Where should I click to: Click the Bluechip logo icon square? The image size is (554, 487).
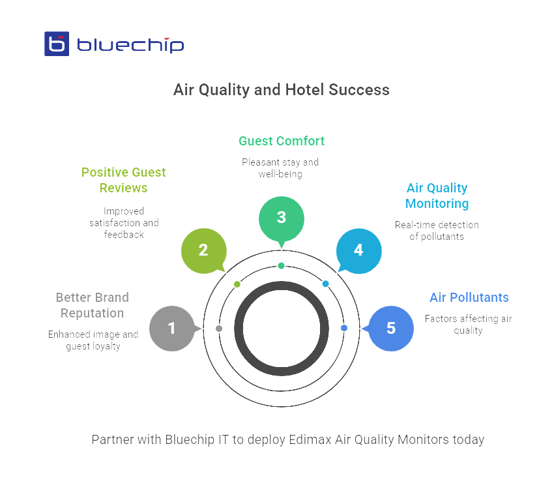[x=57, y=44]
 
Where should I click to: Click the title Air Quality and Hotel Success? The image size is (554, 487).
[x=281, y=90]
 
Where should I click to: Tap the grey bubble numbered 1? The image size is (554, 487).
[x=171, y=328]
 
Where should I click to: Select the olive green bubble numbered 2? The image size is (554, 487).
[x=203, y=250]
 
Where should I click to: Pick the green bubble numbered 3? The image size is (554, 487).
[x=281, y=218]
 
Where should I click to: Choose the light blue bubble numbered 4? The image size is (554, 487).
[x=358, y=250]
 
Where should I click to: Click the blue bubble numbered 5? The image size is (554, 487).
[x=390, y=328]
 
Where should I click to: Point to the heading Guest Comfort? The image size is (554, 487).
[x=281, y=141]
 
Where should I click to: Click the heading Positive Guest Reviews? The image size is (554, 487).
[x=123, y=180]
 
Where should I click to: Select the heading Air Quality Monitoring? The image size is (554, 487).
[x=437, y=196]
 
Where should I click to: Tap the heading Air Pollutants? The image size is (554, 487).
[x=469, y=297]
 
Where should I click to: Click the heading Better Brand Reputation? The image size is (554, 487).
[x=92, y=305]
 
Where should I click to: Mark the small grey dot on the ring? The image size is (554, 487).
[x=219, y=328]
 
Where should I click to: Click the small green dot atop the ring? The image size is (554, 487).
[x=281, y=265]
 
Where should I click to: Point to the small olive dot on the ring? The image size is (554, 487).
[x=237, y=284]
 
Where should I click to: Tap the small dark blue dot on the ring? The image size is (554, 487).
[x=344, y=328]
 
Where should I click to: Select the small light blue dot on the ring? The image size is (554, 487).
[x=325, y=284]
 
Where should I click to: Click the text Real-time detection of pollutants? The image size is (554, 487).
[x=437, y=230]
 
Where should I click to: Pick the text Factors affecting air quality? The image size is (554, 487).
[x=469, y=325]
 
